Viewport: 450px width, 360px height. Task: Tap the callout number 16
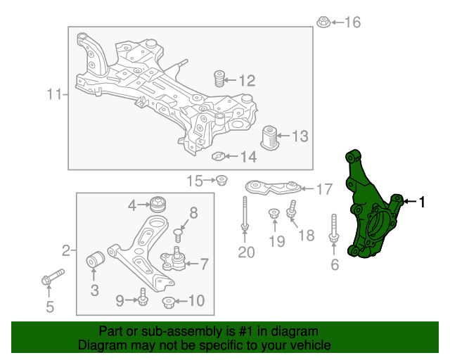coord(352,22)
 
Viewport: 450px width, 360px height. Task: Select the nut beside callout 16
coord(324,22)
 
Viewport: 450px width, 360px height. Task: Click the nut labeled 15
coord(221,181)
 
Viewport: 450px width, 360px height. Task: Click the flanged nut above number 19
coord(274,214)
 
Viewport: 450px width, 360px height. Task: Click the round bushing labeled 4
coord(160,205)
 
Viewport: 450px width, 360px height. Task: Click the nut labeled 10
coord(169,302)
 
